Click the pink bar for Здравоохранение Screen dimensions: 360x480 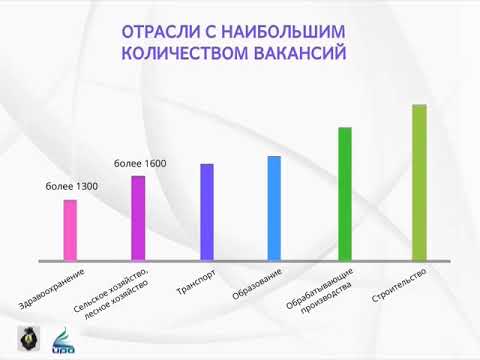coord(70,230)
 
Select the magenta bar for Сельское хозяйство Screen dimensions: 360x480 coord(138,218)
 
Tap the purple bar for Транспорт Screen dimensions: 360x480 coord(207,212)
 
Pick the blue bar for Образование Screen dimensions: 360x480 coord(275,208)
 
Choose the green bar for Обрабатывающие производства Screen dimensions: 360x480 coord(345,194)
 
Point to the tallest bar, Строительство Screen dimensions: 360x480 coord(419,182)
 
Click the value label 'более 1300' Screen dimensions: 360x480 coord(71,186)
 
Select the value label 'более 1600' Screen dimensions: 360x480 coord(140,162)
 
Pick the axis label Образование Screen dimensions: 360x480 coord(257,285)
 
